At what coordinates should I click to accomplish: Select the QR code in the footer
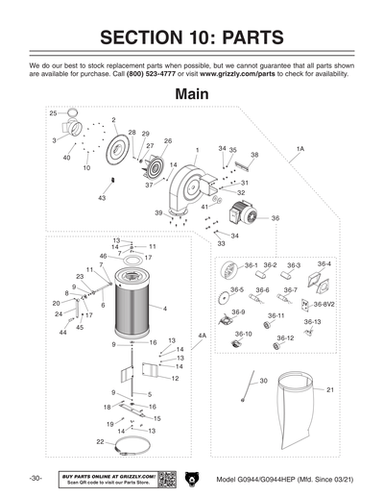tap(165, 478)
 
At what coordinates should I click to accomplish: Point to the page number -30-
tap(36, 478)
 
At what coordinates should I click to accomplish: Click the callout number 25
tap(54, 113)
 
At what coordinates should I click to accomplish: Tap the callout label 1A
tap(300, 149)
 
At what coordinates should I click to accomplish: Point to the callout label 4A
tap(202, 335)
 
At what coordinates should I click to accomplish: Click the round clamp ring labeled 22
tap(135, 444)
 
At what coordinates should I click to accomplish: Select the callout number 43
tap(102, 198)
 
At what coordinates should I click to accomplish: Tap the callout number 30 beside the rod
tap(262, 382)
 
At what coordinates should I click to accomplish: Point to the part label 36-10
tap(244, 334)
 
